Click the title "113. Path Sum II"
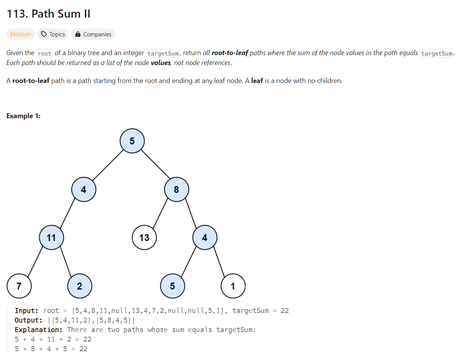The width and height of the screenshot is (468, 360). pos(48,14)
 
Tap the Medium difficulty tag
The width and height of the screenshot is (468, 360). pos(21,34)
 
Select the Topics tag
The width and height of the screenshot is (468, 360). pos(53,34)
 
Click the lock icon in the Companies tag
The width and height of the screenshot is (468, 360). pos(78,34)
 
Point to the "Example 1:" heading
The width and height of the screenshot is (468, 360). pos(24,116)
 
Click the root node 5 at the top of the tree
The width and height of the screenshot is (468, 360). pos(132,141)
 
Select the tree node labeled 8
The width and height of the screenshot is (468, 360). pos(176,189)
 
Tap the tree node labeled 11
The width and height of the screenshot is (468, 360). pos(51,238)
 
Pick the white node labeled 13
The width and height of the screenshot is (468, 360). pos(144,238)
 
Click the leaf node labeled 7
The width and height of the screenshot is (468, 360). pos(19,286)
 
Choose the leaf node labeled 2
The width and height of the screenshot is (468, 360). pos(79,286)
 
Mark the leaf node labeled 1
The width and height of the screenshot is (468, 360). pos(233,286)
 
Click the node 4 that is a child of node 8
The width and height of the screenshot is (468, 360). pos(205,238)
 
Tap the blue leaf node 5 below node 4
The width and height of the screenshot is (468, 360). pos(172,286)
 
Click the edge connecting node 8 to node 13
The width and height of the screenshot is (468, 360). pos(161,213)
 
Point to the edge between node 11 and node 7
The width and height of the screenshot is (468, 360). pos(35,262)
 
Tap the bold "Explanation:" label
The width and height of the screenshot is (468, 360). pos(38,330)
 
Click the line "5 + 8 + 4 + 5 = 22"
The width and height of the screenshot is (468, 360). pos(51,349)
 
